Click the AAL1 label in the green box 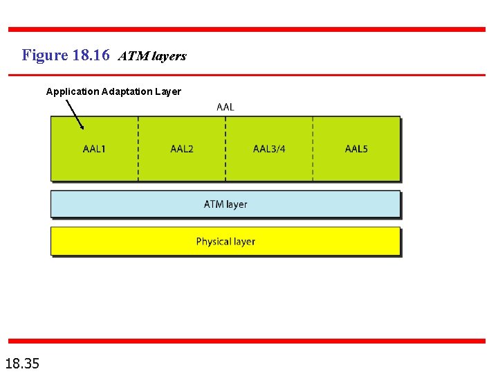(x=94, y=149)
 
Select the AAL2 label (x=182, y=149)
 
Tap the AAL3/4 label (x=269, y=149)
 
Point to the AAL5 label (x=356, y=149)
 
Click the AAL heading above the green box (x=225, y=107)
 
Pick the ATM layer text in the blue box (x=225, y=204)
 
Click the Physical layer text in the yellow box (x=225, y=242)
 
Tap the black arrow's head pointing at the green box (x=82, y=127)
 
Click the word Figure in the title (x=44, y=55)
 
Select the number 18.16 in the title (x=91, y=55)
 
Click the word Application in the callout (x=73, y=91)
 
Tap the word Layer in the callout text (x=169, y=91)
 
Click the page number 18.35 (x=22, y=363)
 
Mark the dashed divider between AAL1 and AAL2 (x=138, y=149)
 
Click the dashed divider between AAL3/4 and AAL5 (x=313, y=149)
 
